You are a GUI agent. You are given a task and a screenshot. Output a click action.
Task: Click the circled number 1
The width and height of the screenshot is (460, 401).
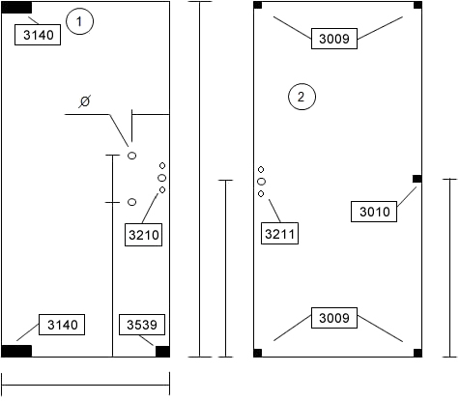pos(79,21)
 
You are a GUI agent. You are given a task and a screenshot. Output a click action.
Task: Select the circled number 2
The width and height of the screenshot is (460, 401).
pos(302,97)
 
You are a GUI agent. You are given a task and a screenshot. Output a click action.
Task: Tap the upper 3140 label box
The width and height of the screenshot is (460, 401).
pos(38,35)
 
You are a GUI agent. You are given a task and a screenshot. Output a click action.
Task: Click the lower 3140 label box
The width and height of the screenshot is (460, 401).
pos(62,325)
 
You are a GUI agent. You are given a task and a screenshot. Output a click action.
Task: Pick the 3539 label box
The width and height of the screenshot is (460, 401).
pos(142,325)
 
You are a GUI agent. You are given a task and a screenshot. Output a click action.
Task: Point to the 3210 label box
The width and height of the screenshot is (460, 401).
pos(144,235)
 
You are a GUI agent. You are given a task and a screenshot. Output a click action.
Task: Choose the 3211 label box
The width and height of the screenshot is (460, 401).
pos(279,234)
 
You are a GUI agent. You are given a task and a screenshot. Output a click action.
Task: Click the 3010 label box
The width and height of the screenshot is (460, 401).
pos(374,212)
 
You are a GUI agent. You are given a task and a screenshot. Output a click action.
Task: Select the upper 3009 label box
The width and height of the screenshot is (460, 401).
pos(334,39)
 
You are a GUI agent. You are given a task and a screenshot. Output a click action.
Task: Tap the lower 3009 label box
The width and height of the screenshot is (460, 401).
pos(334,318)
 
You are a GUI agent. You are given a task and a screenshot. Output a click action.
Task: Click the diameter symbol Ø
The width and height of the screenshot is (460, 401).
pos(84,101)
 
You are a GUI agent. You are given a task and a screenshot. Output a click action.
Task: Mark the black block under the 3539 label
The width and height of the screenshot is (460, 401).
pos(162,352)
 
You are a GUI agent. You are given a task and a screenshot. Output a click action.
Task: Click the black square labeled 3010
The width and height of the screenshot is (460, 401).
pos(417,179)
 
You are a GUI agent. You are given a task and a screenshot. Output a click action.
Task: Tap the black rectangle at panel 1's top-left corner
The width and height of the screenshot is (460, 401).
pos(16,8)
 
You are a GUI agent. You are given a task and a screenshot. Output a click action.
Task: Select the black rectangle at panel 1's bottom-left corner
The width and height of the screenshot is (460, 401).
pos(16,351)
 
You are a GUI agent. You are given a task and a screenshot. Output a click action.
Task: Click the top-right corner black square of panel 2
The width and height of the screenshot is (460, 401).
pos(417,5)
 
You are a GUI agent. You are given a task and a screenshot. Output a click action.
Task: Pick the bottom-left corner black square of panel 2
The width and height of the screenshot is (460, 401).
pos(258,353)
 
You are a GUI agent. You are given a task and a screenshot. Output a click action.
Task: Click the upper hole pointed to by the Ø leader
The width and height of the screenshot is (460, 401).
pos(132,156)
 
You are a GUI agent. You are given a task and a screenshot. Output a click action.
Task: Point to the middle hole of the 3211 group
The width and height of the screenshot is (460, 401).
pos(261,182)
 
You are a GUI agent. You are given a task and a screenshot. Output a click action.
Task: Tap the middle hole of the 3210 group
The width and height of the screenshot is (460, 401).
pos(162,178)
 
